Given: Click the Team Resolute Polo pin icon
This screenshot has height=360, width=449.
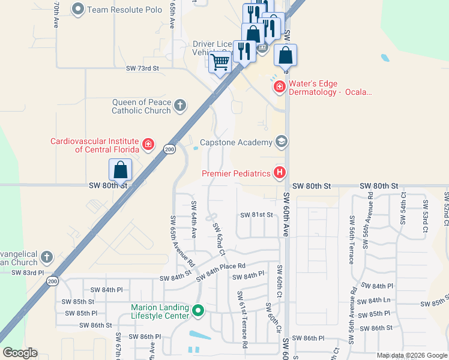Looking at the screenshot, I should [x=78, y=9].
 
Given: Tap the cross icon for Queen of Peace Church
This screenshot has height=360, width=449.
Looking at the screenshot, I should [x=179, y=106].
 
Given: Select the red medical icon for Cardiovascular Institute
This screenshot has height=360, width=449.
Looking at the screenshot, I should [x=148, y=145].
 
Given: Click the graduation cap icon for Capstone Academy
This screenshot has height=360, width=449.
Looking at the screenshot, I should [x=280, y=142].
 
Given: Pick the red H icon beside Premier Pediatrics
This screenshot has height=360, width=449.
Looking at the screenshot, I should [x=279, y=173].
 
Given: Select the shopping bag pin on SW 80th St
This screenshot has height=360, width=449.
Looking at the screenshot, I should [x=121, y=169].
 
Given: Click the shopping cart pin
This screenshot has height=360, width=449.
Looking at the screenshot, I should [x=220, y=61].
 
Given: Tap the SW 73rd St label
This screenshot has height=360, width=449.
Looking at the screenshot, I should [x=142, y=69].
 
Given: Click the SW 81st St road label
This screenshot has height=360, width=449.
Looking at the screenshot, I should [x=256, y=215].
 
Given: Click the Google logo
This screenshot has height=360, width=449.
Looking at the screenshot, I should [x=20, y=353].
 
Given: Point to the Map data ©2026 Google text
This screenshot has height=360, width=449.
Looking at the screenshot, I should [x=412, y=355].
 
